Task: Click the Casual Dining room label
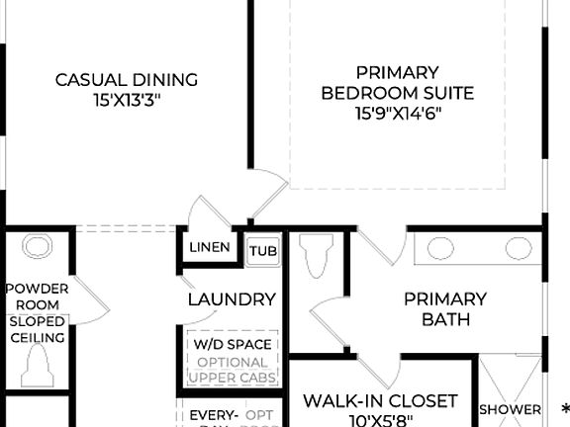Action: (126, 80)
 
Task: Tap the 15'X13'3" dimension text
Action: (126, 100)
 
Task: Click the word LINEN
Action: (210, 248)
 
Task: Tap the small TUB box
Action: (262, 251)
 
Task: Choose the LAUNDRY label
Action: (232, 299)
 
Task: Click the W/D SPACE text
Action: (231, 345)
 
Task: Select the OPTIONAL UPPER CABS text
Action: (231, 370)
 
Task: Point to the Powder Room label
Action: (37, 296)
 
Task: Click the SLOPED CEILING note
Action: (37, 330)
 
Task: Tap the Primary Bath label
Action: (445, 308)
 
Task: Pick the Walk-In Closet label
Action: (380, 401)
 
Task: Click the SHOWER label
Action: (510, 409)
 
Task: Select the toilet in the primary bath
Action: (318, 260)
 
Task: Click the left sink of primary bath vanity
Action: (435, 247)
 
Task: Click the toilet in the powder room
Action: (37, 369)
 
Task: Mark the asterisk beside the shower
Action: (564, 408)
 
